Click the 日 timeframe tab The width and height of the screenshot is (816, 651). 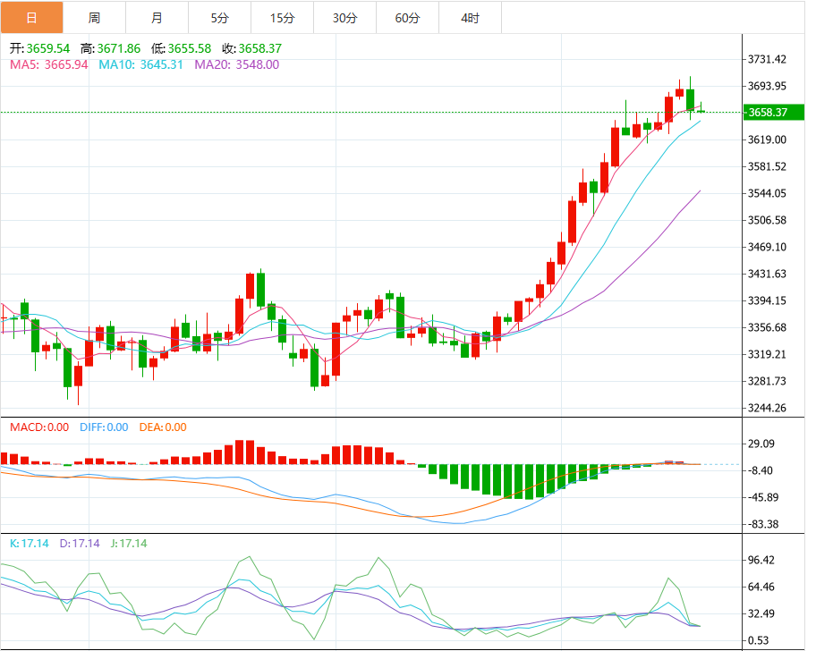pyautogui.click(x=31, y=18)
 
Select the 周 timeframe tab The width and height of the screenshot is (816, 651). pyautogui.click(x=94, y=18)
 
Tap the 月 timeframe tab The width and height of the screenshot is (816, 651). pyautogui.click(x=157, y=18)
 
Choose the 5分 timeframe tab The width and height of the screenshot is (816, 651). pyautogui.click(x=219, y=18)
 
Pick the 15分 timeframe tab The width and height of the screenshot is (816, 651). pyautogui.click(x=282, y=18)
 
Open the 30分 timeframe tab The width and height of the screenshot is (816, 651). pyautogui.click(x=344, y=18)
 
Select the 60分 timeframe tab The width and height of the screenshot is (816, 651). pyautogui.click(x=407, y=18)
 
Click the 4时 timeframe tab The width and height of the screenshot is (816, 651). pyautogui.click(x=470, y=18)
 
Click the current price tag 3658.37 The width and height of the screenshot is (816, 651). pyautogui.click(x=768, y=112)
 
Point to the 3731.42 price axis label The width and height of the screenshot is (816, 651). pyautogui.click(x=768, y=60)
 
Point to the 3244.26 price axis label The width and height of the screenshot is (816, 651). pyautogui.click(x=768, y=409)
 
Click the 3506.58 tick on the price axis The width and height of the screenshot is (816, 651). pyautogui.click(x=768, y=221)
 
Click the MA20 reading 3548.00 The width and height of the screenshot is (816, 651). pyautogui.click(x=257, y=64)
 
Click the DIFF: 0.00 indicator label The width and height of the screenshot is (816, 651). pyautogui.click(x=104, y=427)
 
